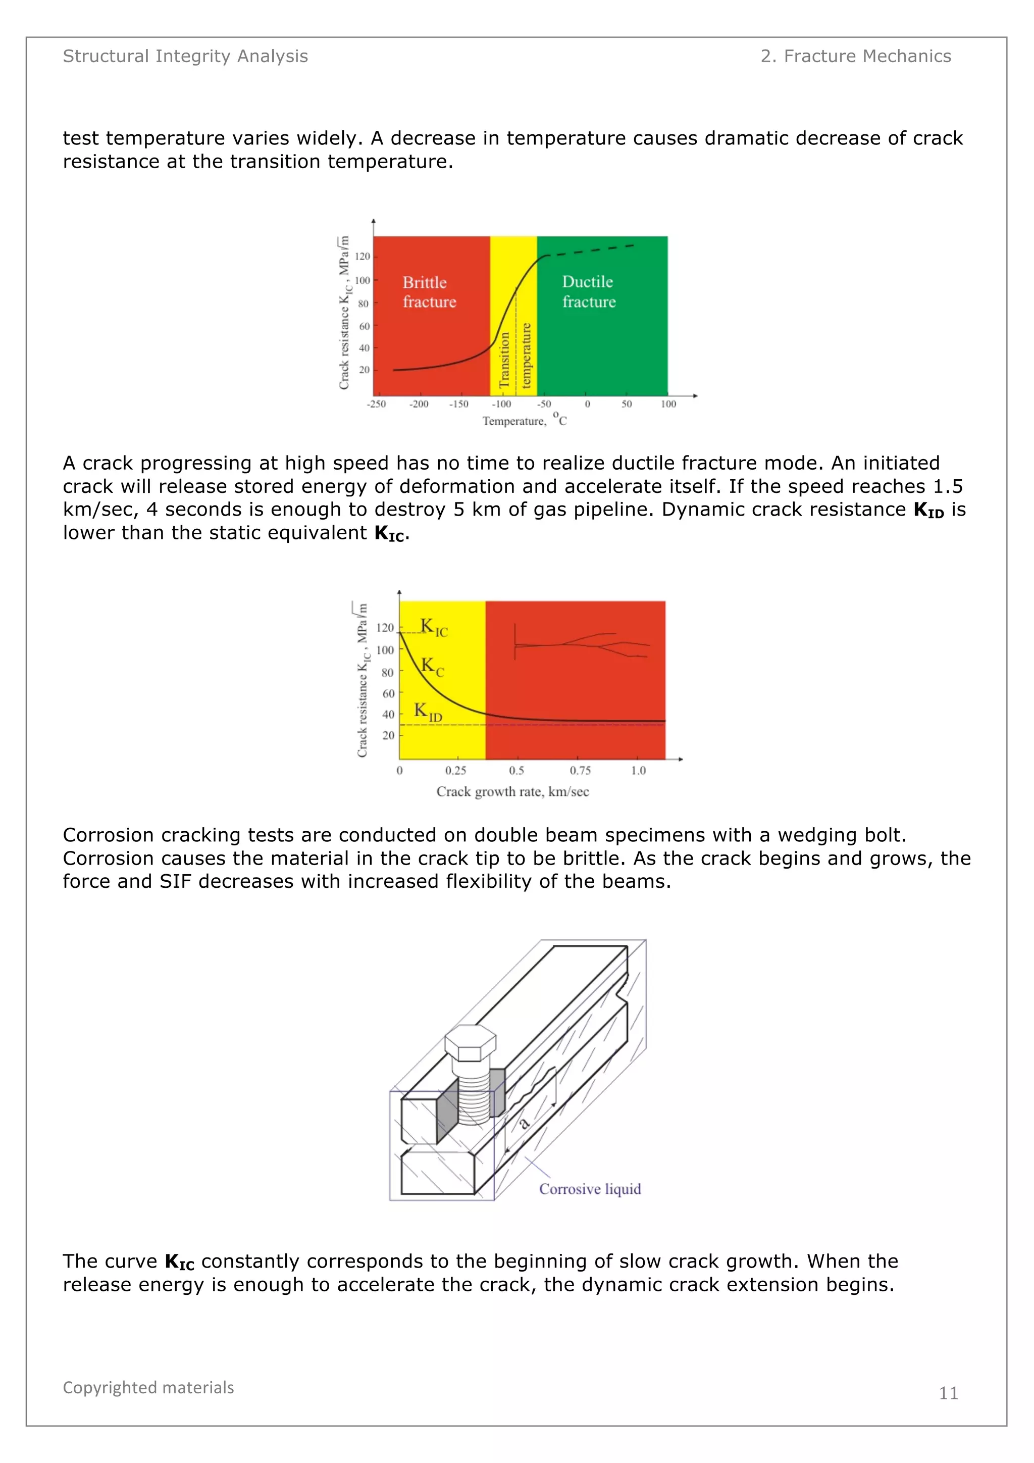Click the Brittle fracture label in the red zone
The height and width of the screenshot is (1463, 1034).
click(429, 292)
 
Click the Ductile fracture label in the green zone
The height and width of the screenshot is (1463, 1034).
click(588, 291)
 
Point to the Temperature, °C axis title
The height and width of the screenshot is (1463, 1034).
click(524, 421)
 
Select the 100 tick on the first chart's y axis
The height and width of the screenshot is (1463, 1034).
click(362, 280)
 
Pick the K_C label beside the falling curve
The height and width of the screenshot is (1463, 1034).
click(433, 667)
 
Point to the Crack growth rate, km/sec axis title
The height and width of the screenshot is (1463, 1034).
click(512, 791)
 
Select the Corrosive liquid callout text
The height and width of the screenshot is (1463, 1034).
click(589, 1189)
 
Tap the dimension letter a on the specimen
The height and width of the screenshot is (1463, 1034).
click(523, 1123)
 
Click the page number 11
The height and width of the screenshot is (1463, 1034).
click(948, 1393)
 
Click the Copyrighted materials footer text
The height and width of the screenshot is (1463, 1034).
click(148, 1387)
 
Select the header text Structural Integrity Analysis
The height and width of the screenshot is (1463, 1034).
click(185, 56)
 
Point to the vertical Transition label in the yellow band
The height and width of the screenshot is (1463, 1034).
click(504, 360)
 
